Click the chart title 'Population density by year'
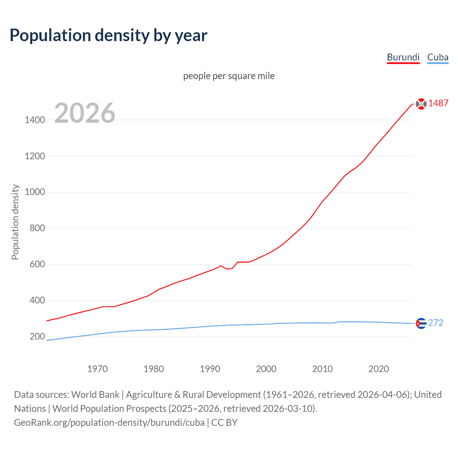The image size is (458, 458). (x=108, y=35)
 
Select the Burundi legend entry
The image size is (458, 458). (x=403, y=58)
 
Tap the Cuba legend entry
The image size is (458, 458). (x=438, y=58)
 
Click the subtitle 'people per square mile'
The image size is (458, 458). (x=229, y=76)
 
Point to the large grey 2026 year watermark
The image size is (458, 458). (x=85, y=113)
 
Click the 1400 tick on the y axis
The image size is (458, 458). (x=35, y=120)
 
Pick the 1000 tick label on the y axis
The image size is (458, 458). (x=35, y=192)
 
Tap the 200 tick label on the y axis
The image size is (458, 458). (x=37, y=336)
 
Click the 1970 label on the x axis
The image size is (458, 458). (x=97, y=369)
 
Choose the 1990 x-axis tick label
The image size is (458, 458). (x=210, y=369)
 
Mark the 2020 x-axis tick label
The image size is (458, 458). (x=379, y=369)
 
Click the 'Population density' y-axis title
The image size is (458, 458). (x=15, y=222)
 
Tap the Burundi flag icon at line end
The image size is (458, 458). (x=421, y=104)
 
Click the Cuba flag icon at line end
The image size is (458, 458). (x=421, y=323)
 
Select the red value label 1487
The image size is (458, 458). (x=438, y=103)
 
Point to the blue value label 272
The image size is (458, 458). (x=435, y=323)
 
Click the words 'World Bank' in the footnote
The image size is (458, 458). (x=95, y=395)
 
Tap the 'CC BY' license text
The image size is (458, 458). (x=224, y=423)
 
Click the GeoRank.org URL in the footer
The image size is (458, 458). (x=109, y=423)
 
